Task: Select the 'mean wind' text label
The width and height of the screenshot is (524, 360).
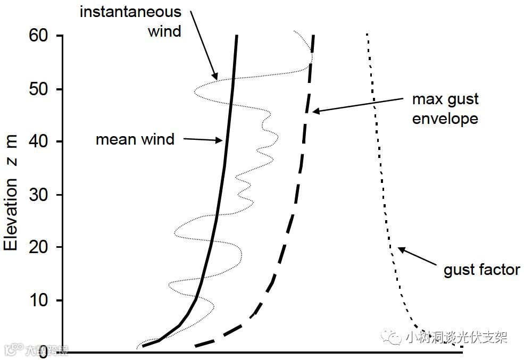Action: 135,140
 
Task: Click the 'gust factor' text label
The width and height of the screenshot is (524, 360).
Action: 481,270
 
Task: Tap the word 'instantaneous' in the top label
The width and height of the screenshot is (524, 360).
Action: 130,12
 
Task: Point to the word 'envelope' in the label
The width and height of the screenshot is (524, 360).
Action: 445,118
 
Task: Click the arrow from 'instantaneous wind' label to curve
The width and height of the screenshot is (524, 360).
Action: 203,45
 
